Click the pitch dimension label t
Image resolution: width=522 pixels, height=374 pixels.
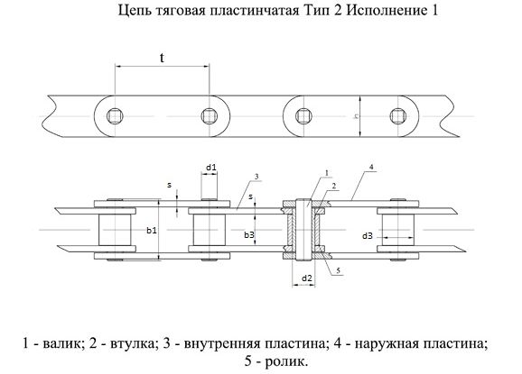162,58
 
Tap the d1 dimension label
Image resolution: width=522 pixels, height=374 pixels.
210,168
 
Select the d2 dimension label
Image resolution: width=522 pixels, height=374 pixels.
307,278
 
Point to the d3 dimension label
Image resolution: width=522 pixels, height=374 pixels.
368,236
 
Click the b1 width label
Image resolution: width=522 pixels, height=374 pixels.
152,230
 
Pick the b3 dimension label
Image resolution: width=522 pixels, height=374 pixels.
249,235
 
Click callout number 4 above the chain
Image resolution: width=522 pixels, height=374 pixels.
372,167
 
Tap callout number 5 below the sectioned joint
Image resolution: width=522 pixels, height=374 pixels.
339,271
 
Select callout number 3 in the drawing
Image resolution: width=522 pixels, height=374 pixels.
256,177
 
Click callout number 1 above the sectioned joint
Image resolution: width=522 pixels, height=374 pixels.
327,173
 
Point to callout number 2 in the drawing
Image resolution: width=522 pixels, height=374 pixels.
334,186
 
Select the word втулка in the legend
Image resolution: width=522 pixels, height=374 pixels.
132,344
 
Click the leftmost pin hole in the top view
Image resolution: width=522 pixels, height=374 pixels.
116,116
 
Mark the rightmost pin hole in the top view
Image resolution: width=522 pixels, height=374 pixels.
398,116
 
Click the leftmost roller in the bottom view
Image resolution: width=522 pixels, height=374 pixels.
115,230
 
